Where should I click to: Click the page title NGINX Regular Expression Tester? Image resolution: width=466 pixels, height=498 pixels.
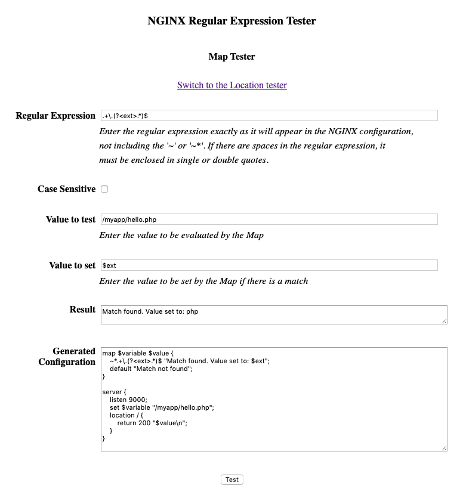click(232, 21)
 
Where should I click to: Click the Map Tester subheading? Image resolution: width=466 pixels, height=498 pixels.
click(232, 57)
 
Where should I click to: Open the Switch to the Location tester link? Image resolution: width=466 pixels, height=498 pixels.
click(232, 85)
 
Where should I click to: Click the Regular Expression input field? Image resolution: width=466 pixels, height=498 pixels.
click(269, 116)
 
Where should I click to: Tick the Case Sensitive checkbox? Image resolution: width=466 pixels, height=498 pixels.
click(104, 189)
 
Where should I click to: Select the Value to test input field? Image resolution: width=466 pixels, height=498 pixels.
click(269, 219)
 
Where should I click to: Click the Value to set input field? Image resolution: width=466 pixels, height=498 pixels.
click(269, 265)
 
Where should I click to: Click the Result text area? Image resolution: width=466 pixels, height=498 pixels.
click(273, 315)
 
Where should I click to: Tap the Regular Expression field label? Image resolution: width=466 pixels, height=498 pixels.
click(55, 116)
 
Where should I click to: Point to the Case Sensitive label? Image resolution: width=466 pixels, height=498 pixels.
click(66, 189)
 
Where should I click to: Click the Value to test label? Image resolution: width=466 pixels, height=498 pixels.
click(70, 219)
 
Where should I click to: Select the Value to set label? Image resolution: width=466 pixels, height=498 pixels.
click(72, 265)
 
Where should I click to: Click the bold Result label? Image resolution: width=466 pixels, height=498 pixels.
click(82, 310)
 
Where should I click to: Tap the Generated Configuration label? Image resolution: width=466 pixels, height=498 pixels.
click(67, 357)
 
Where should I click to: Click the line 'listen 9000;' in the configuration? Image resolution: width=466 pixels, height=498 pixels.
click(128, 400)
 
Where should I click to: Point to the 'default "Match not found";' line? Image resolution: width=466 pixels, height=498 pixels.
click(152, 369)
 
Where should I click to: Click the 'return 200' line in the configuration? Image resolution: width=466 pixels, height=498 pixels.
click(152, 423)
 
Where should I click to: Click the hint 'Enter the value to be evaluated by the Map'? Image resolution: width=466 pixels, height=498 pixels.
click(181, 235)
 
